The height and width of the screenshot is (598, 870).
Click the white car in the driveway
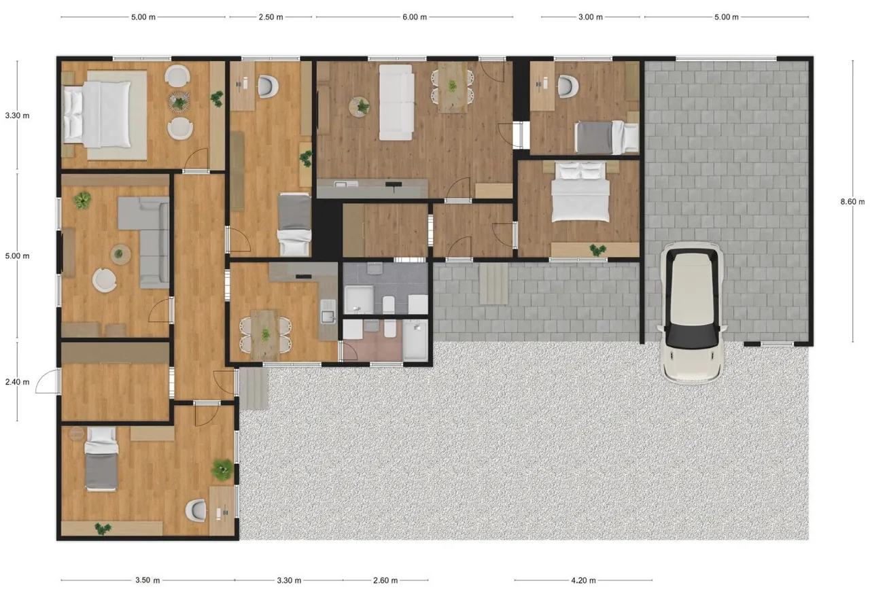[x=692, y=313]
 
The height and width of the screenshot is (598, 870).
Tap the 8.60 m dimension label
[x=852, y=202]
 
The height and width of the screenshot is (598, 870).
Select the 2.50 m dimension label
[x=271, y=17]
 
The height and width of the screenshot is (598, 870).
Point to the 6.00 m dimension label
[x=415, y=17]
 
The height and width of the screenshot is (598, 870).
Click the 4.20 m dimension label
[x=583, y=580]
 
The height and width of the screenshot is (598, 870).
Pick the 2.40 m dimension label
[x=17, y=382]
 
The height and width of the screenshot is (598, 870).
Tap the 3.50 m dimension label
[x=147, y=580]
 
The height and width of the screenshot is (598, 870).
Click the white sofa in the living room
[x=396, y=102]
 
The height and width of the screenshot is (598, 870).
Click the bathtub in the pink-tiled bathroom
[x=415, y=340]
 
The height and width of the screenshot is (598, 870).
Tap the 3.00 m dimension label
[x=591, y=17]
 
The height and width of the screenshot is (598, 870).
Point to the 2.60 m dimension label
[x=385, y=580]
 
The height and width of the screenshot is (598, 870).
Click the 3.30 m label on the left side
[x=17, y=116]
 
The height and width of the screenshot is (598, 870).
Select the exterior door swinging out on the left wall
[x=47, y=381]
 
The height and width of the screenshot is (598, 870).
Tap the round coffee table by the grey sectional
[x=120, y=254]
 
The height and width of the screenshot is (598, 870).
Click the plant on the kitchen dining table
[x=266, y=334]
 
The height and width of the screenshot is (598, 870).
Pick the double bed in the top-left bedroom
[x=97, y=115]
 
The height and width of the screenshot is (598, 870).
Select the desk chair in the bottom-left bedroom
[x=196, y=510]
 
